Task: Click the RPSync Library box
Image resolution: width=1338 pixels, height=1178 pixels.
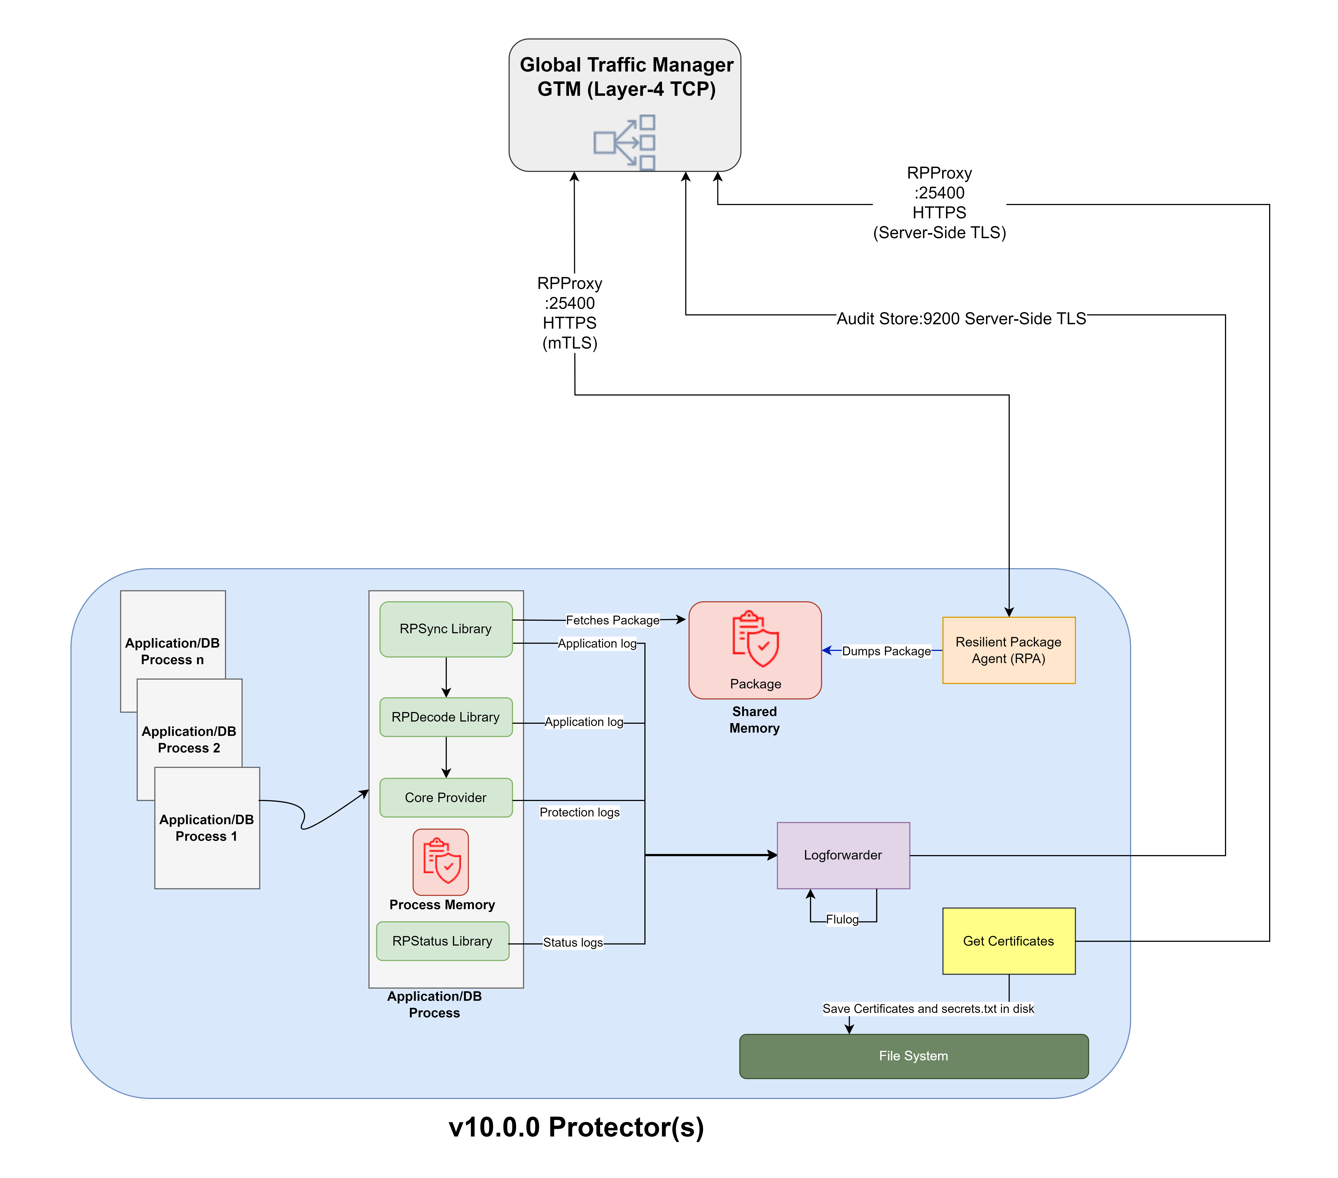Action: [x=446, y=629]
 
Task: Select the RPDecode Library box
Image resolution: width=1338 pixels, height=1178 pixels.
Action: [x=446, y=717]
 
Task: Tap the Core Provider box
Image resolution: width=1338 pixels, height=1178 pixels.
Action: [x=446, y=798]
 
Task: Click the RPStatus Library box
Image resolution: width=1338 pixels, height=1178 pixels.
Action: [x=443, y=941]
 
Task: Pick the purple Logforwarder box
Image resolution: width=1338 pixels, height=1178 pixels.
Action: [x=843, y=855]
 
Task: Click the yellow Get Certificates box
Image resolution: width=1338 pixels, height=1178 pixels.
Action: [x=1009, y=941]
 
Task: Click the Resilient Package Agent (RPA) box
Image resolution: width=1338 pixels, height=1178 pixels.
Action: [x=1009, y=650]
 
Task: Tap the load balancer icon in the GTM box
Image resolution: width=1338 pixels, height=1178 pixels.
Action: [x=625, y=143]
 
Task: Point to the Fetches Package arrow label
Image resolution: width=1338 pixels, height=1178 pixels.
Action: [x=613, y=620]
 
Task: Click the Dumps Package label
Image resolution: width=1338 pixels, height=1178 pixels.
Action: [x=886, y=651]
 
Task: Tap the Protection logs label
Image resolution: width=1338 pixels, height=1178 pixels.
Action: [x=579, y=812]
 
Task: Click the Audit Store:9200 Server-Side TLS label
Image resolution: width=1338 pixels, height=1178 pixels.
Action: [x=961, y=319]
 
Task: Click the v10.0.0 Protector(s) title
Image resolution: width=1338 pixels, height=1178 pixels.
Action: [x=576, y=1127]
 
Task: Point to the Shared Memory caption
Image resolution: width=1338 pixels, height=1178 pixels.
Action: [x=755, y=720]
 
